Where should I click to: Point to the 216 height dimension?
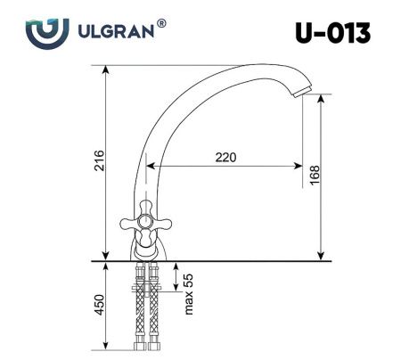point(100,161)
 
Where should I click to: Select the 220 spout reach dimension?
point(225,157)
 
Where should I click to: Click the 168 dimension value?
point(315,176)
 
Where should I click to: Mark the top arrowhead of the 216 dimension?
point(106,69)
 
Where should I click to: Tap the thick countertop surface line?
point(214,261)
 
